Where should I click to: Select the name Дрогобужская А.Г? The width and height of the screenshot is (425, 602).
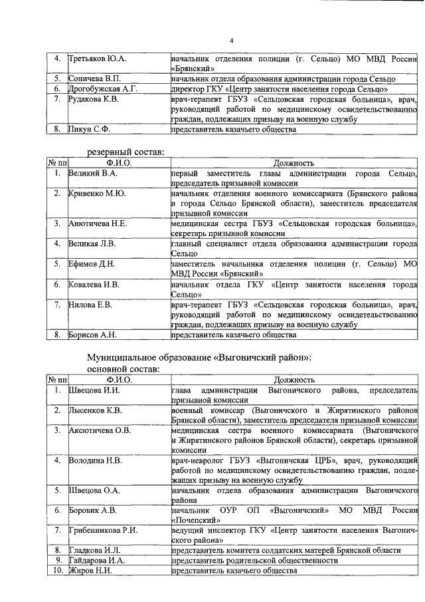(x=103, y=88)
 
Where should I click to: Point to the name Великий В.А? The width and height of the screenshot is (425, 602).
(x=93, y=173)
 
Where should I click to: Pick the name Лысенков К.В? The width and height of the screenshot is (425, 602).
(x=96, y=411)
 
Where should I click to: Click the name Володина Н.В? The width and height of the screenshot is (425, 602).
(x=94, y=460)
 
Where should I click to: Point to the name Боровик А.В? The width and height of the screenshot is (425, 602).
(x=93, y=511)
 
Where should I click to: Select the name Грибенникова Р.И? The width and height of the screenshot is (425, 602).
(x=102, y=531)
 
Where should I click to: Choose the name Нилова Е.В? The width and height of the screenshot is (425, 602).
(x=90, y=305)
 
